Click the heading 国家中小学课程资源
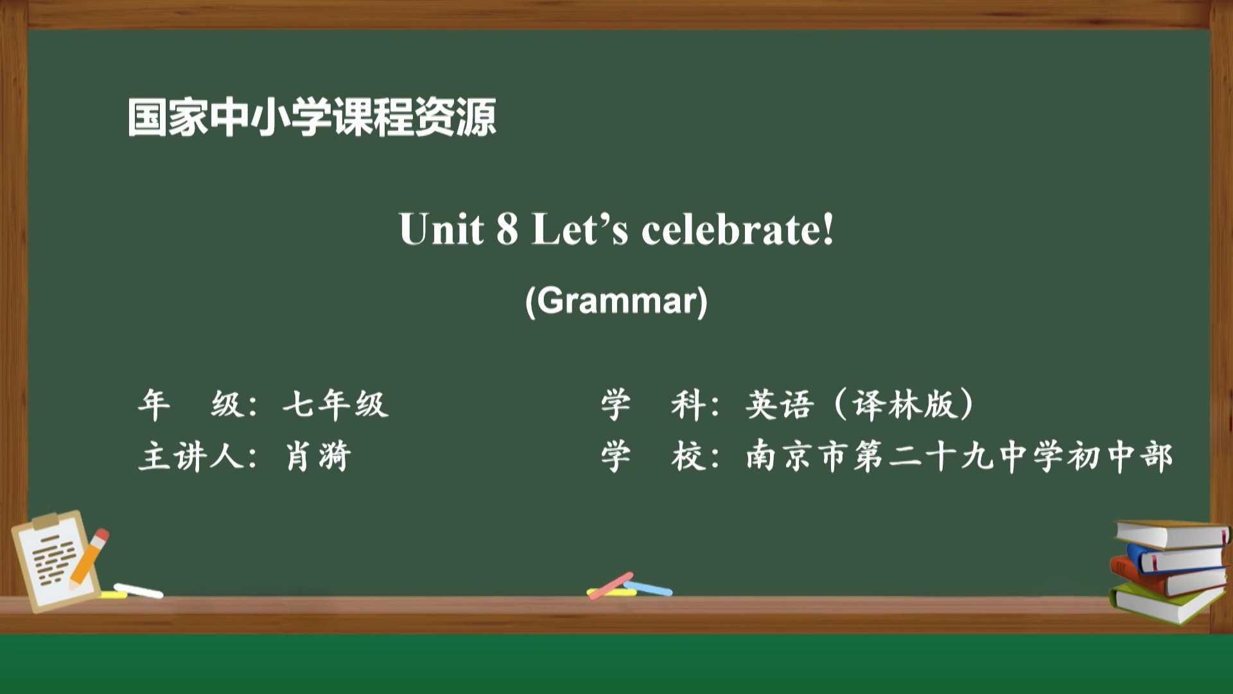(311, 117)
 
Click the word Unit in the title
(441, 229)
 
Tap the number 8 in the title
(507, 229)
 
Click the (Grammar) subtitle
(616, 300)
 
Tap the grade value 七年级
(336, 405)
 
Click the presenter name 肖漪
(319, 456)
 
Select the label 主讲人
(191, 456)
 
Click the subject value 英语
(780, 405)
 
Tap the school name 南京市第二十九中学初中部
(959, 456)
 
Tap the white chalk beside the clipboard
(138, 591)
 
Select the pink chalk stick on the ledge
(611, 585)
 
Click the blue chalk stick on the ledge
(649, 587)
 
